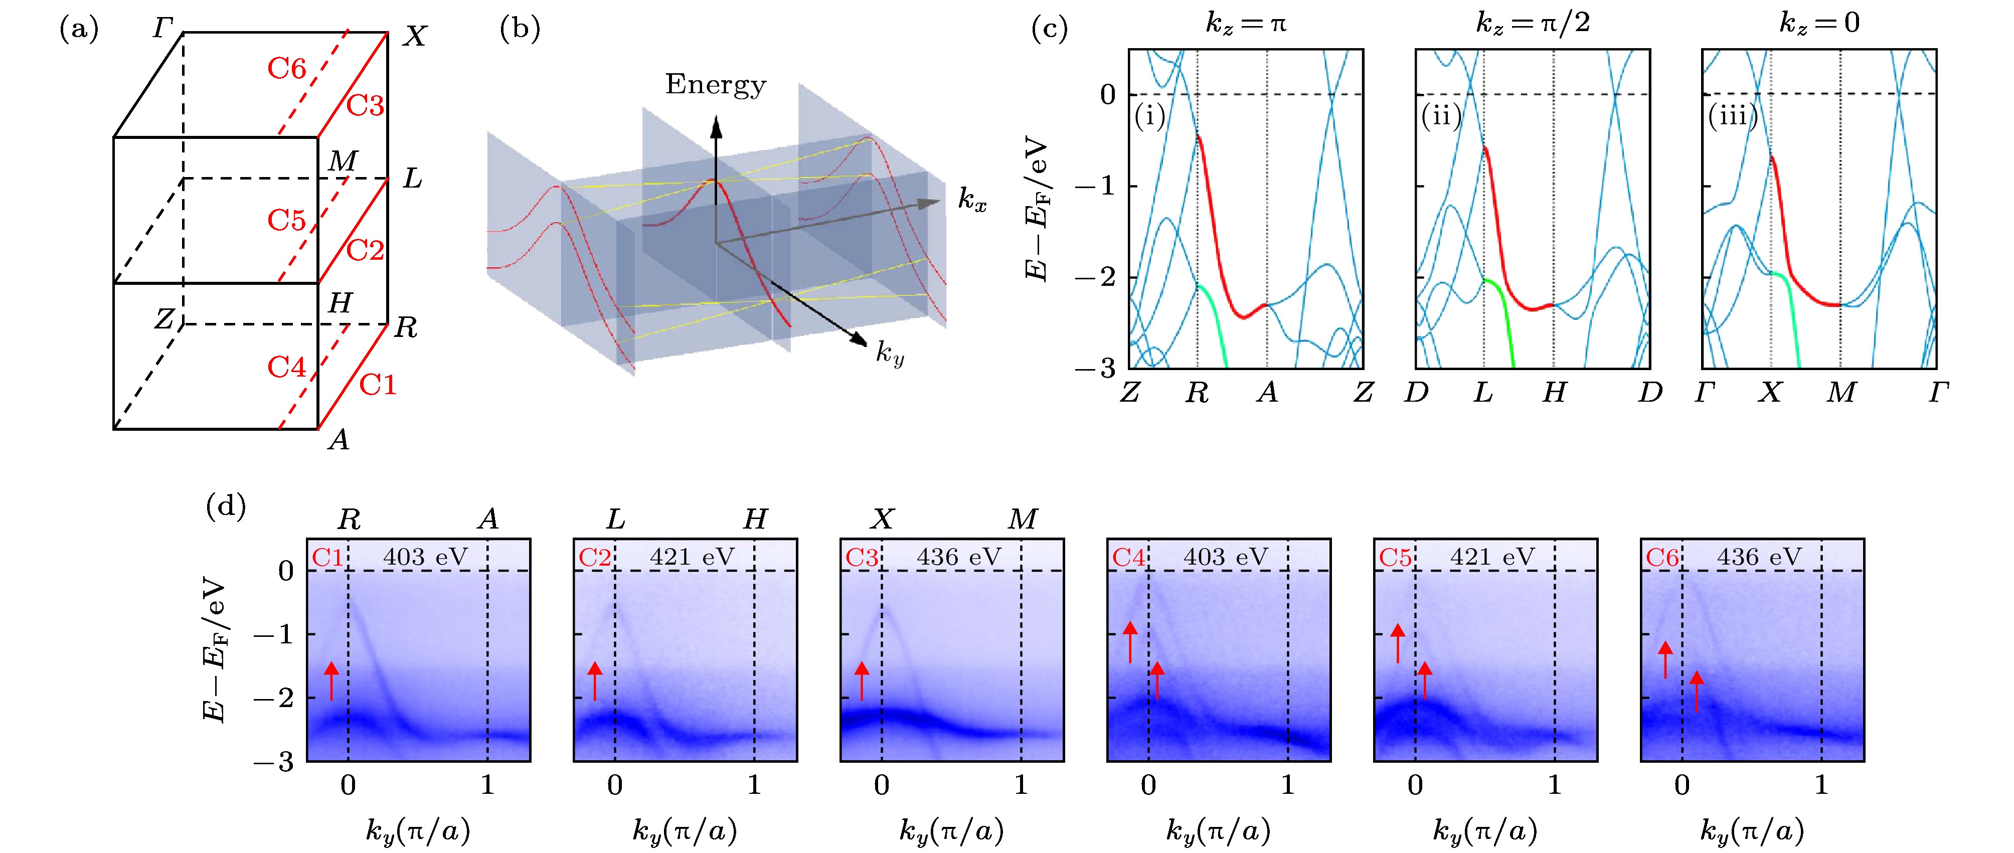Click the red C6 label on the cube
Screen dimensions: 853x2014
pyautogui.click(x=286, y=69)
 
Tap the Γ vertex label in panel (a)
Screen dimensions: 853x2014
pyautogui.click(x=162, y=29)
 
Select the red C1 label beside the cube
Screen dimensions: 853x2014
pyautogui.click(x=378, y=385)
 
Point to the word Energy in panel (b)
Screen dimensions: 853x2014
pyautogui.click(x=715, y=84)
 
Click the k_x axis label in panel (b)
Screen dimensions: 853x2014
pyautogui.click(x=972, y=200)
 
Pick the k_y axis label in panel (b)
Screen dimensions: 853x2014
pyautogui.click(x=890, y=354)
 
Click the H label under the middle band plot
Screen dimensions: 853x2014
pyautogui.click(x=1554, y=393)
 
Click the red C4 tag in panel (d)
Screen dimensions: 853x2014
pyautogui.click(x=1128, y=558)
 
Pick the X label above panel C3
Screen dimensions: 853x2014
pyautogui.click(x=882, y=519)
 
